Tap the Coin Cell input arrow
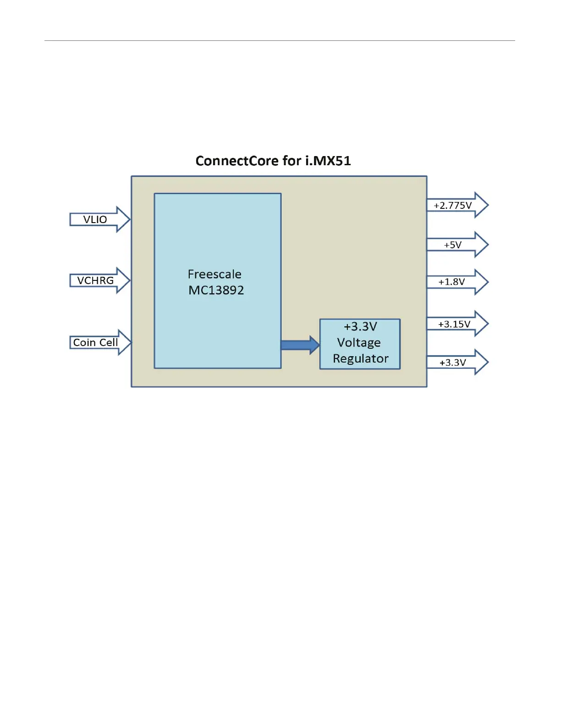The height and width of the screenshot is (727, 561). (100, 342)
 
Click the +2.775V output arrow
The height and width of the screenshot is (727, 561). (457, 205)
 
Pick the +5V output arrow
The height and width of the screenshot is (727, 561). (457, 245)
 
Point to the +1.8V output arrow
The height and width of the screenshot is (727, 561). (457, 282)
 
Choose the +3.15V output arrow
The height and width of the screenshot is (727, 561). (457, 324)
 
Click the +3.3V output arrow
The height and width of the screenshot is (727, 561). (457, 362)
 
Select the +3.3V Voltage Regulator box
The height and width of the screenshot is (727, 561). (360, 344)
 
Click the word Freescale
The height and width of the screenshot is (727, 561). (214, 274)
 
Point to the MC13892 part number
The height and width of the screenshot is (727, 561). (216, 290)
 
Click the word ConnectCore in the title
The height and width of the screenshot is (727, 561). (237, 161)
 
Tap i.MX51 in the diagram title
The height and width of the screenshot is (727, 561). (328, 161)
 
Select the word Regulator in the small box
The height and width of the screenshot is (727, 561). (361, 358)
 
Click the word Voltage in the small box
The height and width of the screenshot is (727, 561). (359, 342)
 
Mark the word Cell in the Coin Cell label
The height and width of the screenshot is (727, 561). (109, 342)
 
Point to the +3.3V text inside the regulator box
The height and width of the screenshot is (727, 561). (360, 326)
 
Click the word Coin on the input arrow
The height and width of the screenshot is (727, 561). (84, 342)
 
